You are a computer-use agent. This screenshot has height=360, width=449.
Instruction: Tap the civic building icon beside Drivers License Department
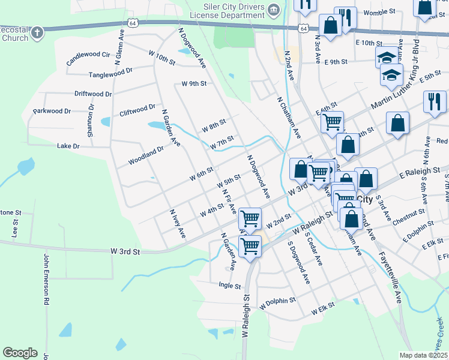(x=274, y=10)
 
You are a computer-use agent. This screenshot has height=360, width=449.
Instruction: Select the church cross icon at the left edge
(x=37, y=32)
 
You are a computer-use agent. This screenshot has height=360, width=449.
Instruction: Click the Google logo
(x=20, y=353)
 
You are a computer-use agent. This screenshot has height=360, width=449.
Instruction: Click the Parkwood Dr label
(x=52, y=111)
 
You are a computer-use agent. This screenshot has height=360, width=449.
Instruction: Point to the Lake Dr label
(x=68, y=146)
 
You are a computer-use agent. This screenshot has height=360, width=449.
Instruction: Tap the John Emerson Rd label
(x=46, y=280)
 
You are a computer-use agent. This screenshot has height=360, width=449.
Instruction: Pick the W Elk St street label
(x=322, y=311)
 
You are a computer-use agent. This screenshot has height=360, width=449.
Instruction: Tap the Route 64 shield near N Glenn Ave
(x=132, y=23)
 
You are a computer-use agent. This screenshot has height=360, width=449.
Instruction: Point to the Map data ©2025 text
(x=423, y=355)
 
